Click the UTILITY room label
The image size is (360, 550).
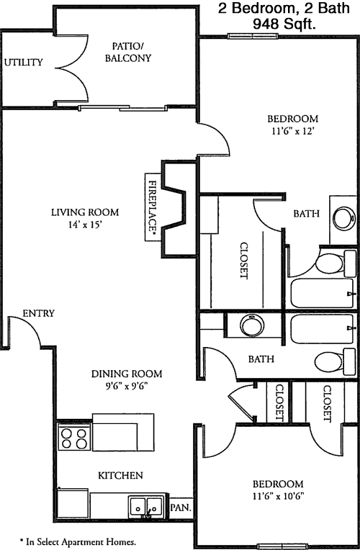click(x=24, y=63)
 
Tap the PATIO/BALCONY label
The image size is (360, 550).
click(x=128, y=52)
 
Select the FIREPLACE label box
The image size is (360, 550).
click(x=153, y=207)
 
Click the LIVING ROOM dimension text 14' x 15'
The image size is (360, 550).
click(x=85, y=224)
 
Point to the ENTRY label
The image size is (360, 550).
click(x=39, y=313)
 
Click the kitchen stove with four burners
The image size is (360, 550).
click(x=74, y=438)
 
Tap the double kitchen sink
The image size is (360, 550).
click(x=147, y=506)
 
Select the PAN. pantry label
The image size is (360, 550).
click(x=181, y=508)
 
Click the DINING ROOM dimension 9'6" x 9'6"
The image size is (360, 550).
click(x=127, y=386)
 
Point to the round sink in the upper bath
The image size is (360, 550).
click(x=343, y=218)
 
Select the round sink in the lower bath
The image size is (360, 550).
click(x=252, y=325)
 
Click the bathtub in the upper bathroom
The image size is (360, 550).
click(x=322, y=293)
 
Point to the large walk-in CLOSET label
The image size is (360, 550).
click(x=244, y=261)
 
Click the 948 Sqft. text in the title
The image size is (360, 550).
click(x=284, y=24)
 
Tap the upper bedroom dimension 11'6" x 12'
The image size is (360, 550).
click(x=292, y=131)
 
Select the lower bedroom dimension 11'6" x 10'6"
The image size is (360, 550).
click(x=278, y=496)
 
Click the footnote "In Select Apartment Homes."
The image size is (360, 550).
click(x=78, y=542)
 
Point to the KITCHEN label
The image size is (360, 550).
click(x=120, y=476)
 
